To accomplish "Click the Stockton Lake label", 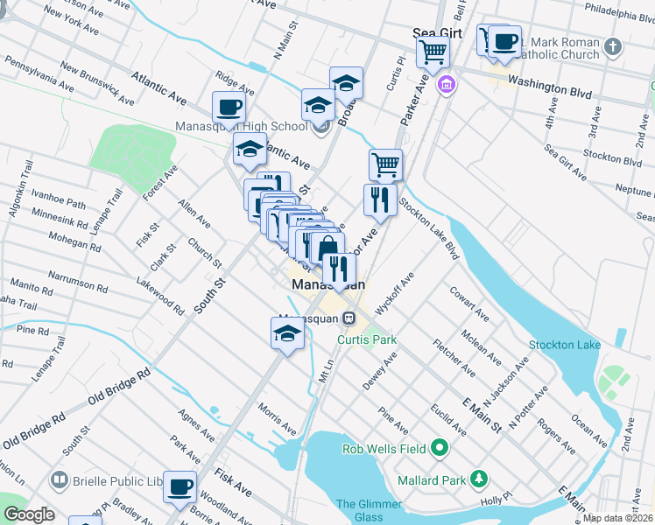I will point(566,344).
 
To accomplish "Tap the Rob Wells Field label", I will point(384,449).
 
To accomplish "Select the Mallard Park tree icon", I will point(478,479).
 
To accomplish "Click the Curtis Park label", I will point(368,339).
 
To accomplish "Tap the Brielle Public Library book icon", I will point(59,480).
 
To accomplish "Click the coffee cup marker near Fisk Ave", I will point(181,486).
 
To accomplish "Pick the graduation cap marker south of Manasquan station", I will point(287,333).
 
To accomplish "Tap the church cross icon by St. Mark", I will point(614,45).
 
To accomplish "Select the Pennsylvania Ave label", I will point(39,73).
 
